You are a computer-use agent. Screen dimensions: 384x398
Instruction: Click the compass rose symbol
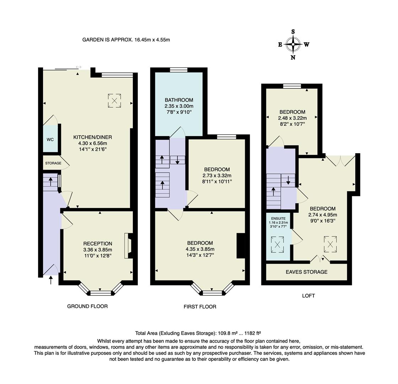293,44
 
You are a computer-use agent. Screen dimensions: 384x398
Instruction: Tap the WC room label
50,139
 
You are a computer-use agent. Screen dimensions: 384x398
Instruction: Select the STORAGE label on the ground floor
53,163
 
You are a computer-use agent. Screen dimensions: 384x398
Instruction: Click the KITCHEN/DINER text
93,137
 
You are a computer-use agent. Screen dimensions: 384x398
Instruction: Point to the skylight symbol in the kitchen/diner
114,101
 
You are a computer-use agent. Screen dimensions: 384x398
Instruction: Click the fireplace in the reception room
128,245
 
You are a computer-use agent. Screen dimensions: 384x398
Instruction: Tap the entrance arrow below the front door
50,280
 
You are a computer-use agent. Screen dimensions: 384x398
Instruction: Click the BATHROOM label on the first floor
179,100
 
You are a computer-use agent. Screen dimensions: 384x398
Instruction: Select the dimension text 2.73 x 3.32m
217,176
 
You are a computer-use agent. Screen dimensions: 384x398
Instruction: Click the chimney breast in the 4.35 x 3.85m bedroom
241,245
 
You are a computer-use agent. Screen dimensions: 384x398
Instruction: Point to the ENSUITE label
278,218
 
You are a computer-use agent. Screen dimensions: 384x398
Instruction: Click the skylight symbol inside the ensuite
278,244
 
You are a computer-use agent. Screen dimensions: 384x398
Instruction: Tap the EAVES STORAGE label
307,272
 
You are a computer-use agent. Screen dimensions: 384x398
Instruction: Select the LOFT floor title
308,295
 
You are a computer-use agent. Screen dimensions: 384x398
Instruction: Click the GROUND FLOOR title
87,306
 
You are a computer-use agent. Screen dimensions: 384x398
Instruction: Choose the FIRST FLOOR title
200,306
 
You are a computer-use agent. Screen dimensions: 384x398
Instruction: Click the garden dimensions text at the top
126,40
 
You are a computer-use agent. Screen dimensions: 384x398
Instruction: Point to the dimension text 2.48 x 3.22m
292,118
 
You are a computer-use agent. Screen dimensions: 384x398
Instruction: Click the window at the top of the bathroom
179,70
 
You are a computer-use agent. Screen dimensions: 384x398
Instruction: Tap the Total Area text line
198,333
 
